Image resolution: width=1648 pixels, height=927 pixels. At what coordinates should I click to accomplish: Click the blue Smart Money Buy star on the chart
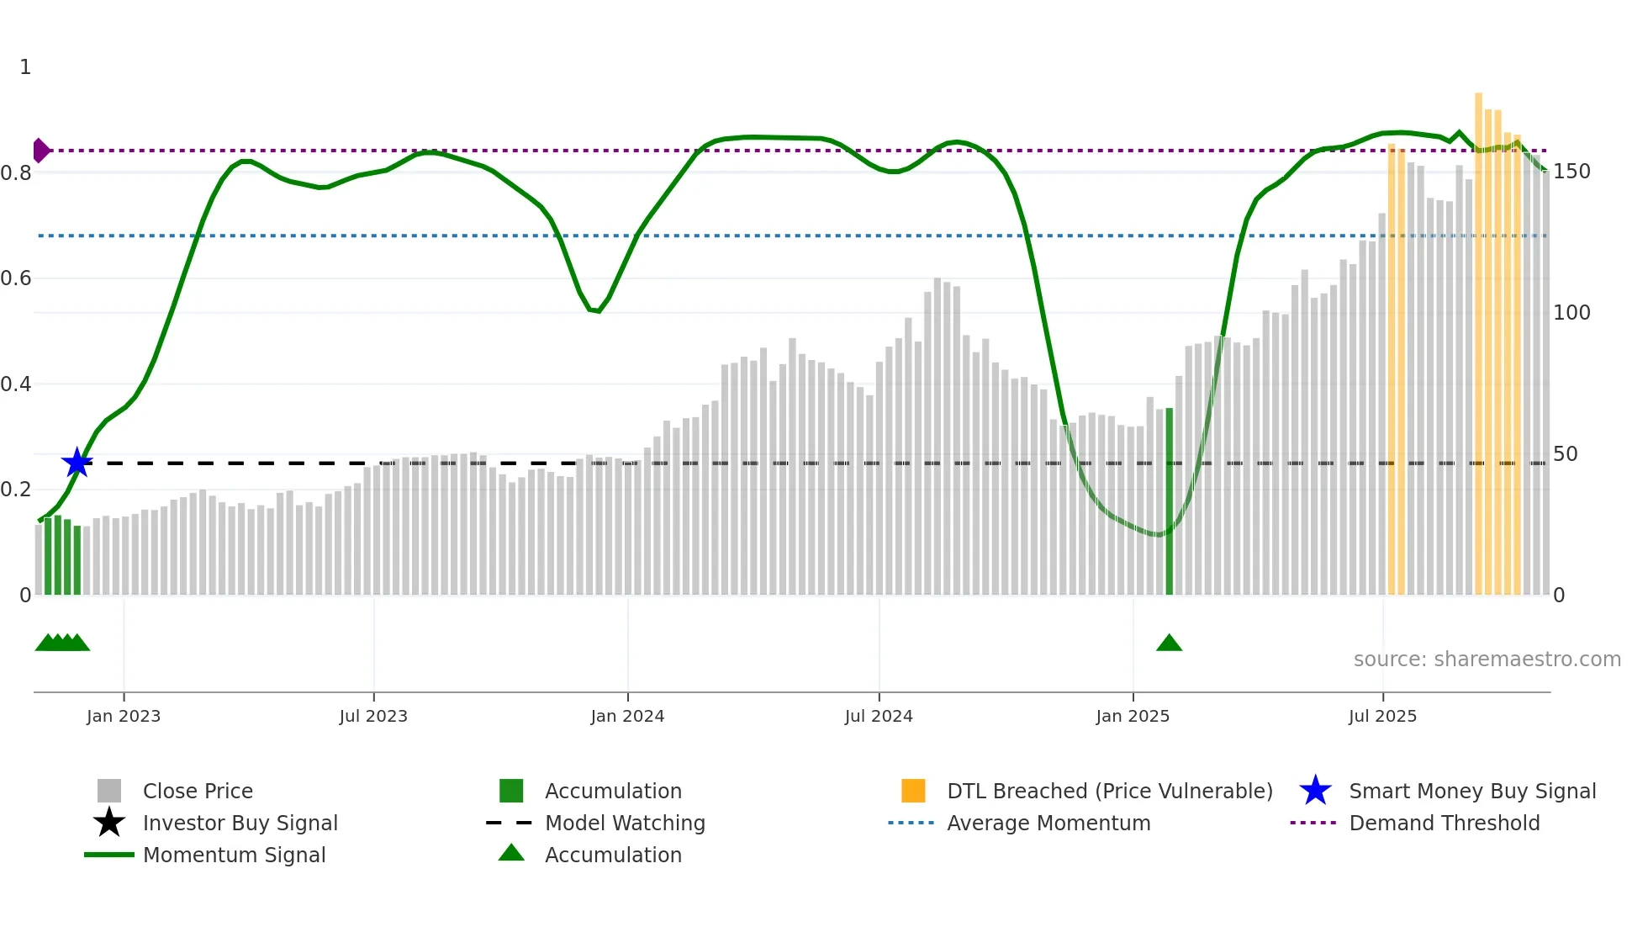pos(77,463)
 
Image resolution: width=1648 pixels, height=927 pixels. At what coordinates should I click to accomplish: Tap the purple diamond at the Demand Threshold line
pos(40,151)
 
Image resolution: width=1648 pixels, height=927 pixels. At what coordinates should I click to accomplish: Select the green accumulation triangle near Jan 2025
pos(1169,644)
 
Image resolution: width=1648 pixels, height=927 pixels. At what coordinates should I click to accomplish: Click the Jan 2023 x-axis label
pos(124,717)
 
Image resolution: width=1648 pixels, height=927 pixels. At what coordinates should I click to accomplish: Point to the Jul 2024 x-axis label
pos(879,717)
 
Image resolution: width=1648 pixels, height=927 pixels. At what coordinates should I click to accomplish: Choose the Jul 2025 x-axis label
pos(1382,717)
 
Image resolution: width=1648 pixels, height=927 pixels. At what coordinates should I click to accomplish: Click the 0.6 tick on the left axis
pos(17,278)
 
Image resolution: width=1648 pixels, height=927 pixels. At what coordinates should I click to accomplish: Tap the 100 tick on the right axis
pos(1571,313)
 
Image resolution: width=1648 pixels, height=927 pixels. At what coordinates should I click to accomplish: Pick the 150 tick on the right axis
pos(1571,172)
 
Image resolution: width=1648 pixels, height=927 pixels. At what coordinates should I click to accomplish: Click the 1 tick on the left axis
pos(25,67)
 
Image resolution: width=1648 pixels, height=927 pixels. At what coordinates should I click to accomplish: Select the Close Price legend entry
pos(198,792)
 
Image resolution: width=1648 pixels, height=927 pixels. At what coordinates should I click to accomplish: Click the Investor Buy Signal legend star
pos(109,823)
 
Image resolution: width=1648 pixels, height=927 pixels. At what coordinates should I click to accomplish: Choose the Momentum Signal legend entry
pos(234,855)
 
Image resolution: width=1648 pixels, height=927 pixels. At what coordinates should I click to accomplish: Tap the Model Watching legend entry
pos(625,824)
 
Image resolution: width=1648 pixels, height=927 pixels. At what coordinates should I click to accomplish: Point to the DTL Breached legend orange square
pos(913,791)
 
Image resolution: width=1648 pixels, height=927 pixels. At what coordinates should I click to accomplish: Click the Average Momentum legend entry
pos(1048,824)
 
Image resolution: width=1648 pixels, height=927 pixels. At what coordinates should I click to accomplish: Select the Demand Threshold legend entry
pos(1444,824)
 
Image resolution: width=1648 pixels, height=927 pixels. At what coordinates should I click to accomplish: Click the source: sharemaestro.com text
pos(1487,659)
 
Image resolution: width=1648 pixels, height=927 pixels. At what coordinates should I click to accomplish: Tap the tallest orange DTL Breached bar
pos(1478,345)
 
